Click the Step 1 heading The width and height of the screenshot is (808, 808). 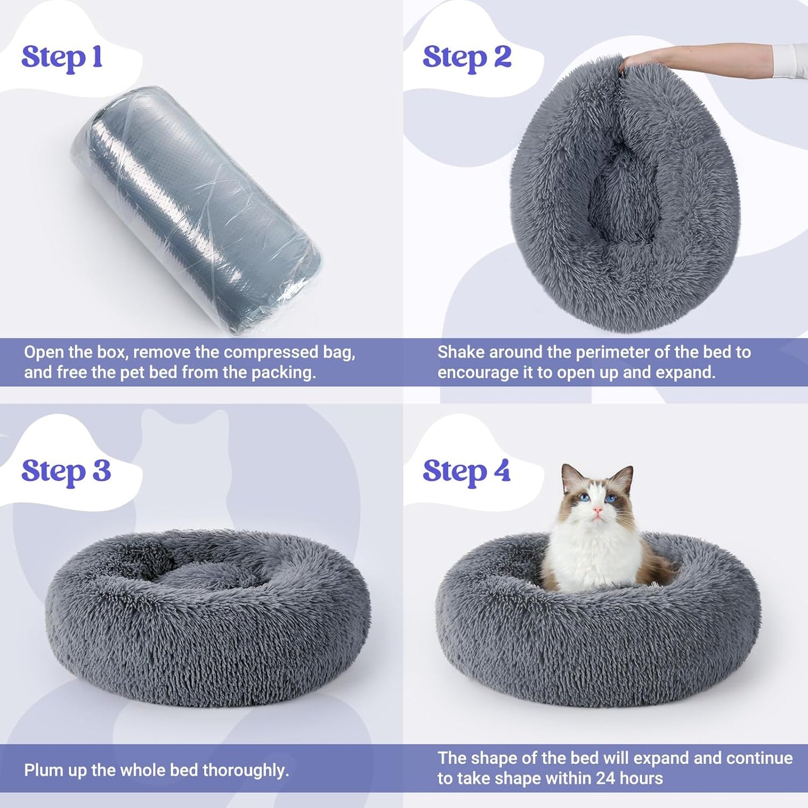[62, 58]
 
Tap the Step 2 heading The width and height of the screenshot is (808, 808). [467, 58]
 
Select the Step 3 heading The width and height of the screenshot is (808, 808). [66, 471]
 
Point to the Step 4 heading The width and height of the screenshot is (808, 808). [466, 471]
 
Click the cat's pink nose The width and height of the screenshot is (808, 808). [598, 510]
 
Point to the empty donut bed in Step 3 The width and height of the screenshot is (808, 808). [207, 615]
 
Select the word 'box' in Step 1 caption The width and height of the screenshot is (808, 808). [112, 353]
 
